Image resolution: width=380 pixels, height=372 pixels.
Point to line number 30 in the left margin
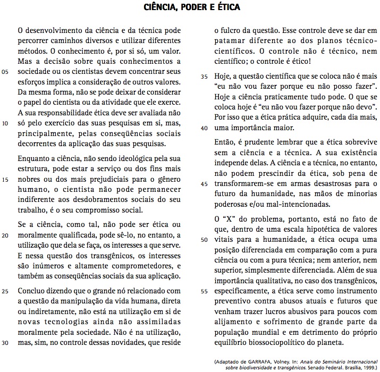[6, 342]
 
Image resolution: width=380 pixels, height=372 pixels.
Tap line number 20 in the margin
[6, 234]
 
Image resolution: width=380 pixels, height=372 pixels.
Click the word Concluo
[33, 291]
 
